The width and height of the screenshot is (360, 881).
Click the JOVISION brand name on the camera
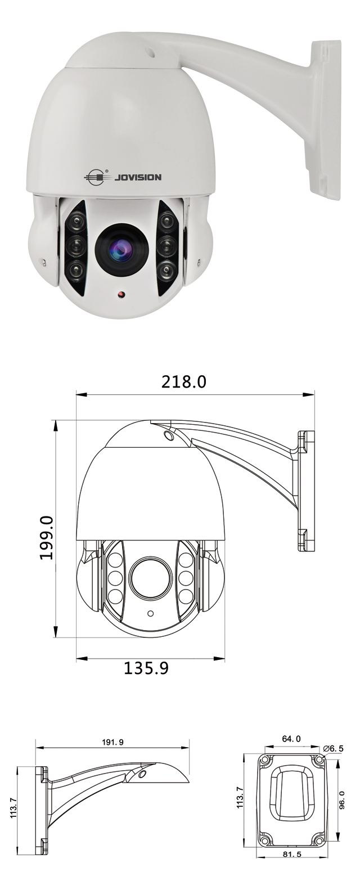pyautogui.click(x=137, y=177)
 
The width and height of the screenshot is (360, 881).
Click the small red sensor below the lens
pyautogui.click(x=121, y=294)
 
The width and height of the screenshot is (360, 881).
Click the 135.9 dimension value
pyautogui.click(x=146, y=667)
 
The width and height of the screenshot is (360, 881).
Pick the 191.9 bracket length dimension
pyautogui.click(x=113, y=742)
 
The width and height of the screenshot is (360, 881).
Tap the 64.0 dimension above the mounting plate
pyautogui.click(x=291, y=739)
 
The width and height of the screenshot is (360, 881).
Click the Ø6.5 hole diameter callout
pyautogui.click(x=333, y=748)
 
